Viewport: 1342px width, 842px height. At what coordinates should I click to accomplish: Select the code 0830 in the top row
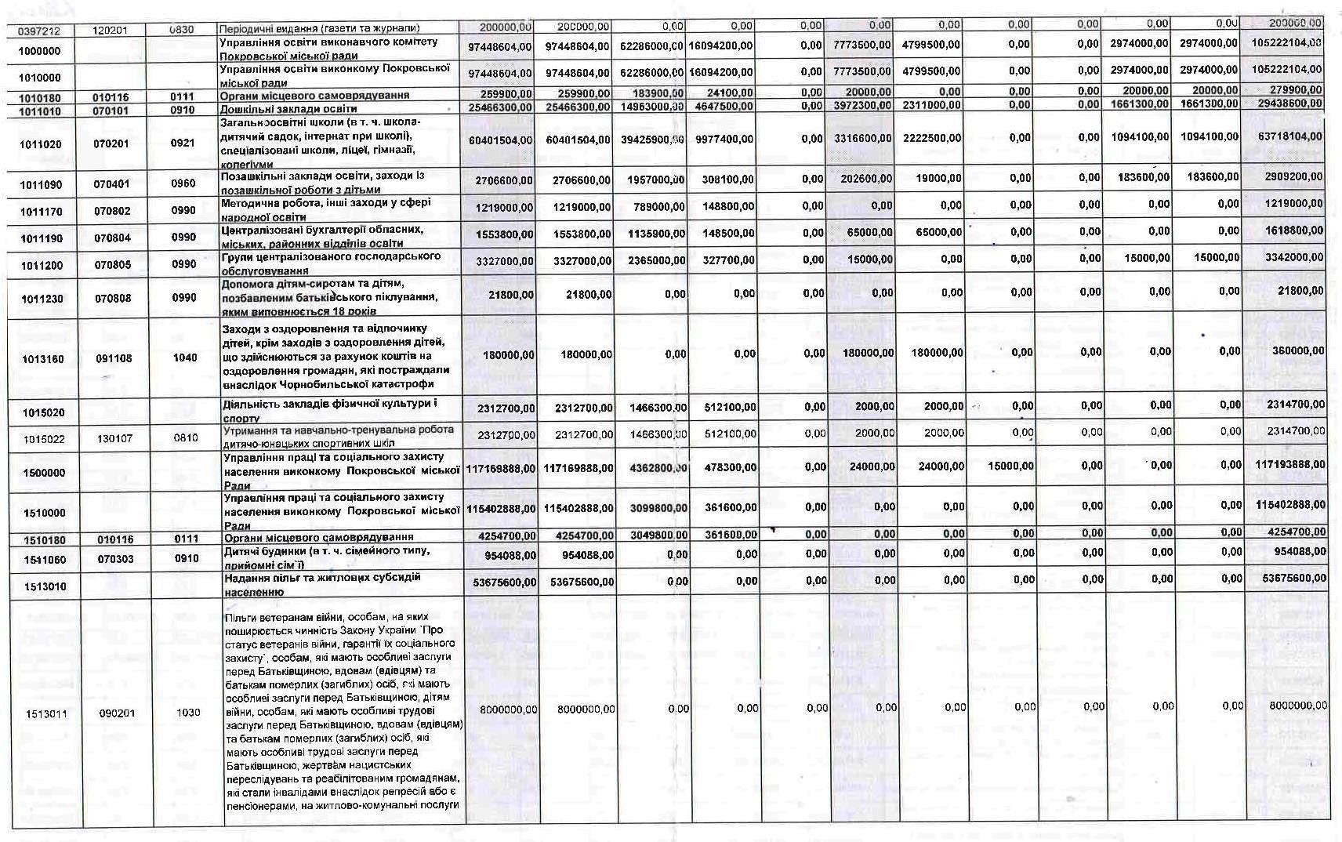click(183, 30)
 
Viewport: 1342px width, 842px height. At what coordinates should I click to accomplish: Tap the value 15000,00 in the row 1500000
click(1011, 466)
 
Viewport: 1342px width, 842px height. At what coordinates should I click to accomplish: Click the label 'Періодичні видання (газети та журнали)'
click(320, 29)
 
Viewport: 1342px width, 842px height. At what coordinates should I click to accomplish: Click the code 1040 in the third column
click(185, 357)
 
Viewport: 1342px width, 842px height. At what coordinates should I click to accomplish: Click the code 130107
click(115, 438)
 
